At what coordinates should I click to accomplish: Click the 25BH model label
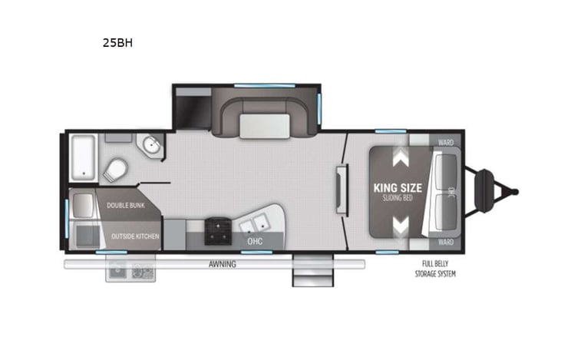117,43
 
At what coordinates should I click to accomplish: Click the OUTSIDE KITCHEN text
135,236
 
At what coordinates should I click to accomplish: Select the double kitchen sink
254,226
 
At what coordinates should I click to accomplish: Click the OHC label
255,242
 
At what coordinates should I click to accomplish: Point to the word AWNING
223,264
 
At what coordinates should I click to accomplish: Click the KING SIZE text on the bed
395,187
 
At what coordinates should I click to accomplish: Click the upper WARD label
445,142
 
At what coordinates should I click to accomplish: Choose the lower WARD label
445,242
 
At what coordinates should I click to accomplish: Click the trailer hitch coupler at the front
515,192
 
